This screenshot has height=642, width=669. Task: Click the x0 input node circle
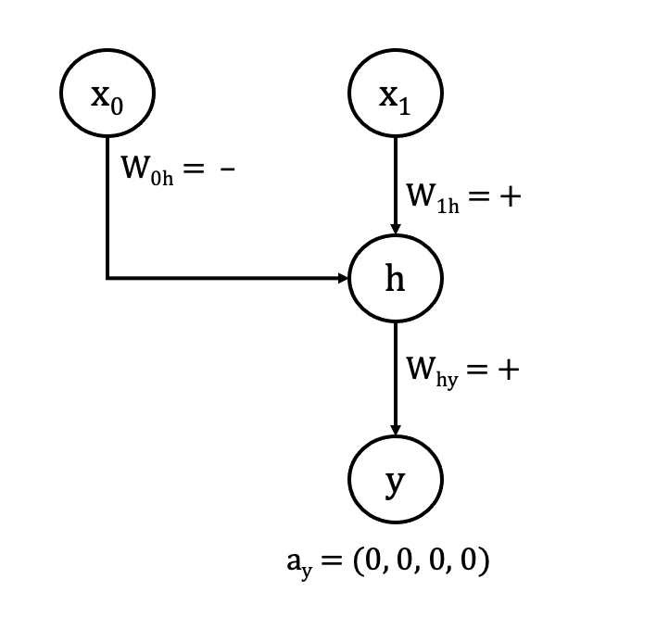pos(107,94)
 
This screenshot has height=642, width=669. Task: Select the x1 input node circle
pos(396,94)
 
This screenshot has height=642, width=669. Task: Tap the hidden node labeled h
pos(396,278)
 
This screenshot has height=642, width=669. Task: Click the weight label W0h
pos(145,170)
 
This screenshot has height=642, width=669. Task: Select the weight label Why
pos(432,371)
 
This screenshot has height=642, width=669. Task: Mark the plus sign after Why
pos(507,371)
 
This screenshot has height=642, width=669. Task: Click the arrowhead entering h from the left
pos(343,278)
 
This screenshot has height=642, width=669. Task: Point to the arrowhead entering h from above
pos(396,228)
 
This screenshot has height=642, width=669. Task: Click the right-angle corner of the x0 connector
pos(107,277)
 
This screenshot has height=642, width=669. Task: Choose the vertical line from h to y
pos(396,371)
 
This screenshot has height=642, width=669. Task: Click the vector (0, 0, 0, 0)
pos(422,562)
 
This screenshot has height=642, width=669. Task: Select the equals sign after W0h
pos(193,170)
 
